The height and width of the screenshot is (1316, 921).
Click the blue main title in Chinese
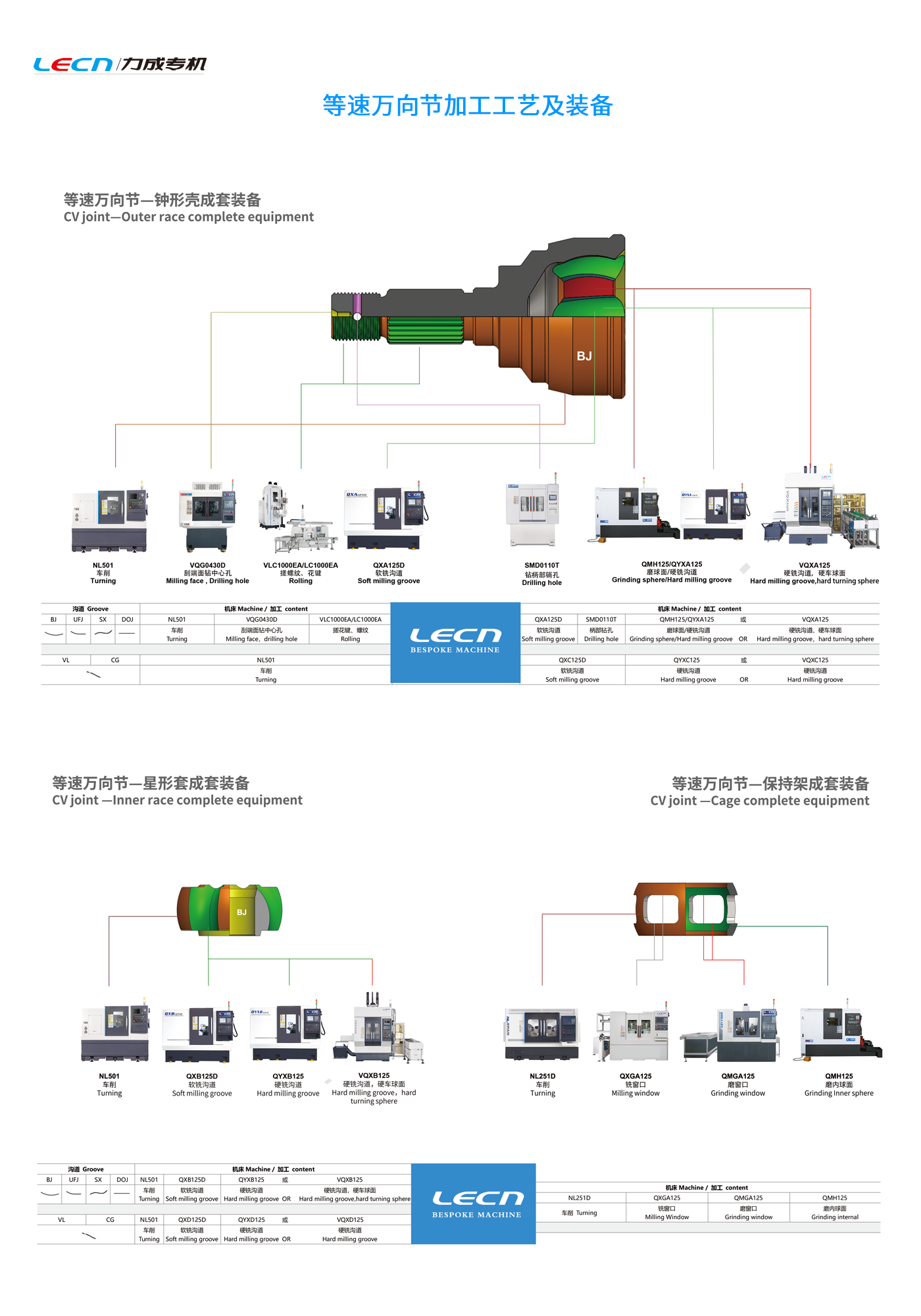tap(467, 105)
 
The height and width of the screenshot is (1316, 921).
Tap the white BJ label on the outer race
tap(584, 356)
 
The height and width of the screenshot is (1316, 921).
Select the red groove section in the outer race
tap(588, 287)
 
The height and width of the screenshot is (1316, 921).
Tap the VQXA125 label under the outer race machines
tap(814, 565)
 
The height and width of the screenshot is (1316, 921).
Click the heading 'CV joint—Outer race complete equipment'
tap(189, 217)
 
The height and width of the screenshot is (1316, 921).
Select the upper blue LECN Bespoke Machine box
tap(455, 642)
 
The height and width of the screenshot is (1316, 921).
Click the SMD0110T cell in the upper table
tap(601, 619)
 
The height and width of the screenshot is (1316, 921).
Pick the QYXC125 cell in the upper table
tap(687, 660)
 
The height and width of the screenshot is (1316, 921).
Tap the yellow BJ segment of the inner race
tap(241, 912)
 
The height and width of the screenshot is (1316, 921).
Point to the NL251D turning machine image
tap(542, 1033)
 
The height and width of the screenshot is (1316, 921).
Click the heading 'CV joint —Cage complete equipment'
tap(760, 801)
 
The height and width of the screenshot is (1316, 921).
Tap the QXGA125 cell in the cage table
tap(667, 1198)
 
